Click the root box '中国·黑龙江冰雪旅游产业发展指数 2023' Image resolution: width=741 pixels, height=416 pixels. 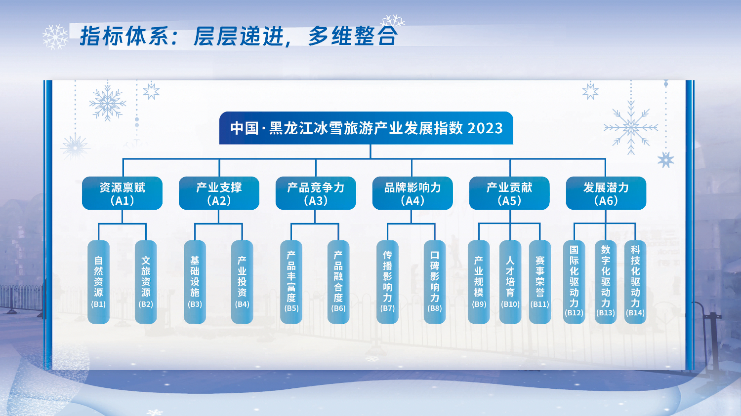(x=366, y=128)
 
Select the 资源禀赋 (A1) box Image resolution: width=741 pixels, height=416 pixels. (x=122, y=193)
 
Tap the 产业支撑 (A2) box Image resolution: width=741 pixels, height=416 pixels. (x=219, y=193)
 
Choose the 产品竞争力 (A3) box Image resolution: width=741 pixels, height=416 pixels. (x=316, y=193)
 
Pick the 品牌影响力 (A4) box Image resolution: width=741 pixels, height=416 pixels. (x=412, y=193)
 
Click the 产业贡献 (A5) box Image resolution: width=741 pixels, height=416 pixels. (x=509, y=193)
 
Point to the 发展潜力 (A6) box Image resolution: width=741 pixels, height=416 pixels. (x=606, y=193)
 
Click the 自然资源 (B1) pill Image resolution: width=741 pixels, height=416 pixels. (x=99, y=282)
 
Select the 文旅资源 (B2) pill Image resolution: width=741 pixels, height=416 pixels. (x=146, y=282)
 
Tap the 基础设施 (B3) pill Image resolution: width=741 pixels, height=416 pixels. (x=195, y=282)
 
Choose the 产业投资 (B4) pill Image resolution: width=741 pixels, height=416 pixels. (x=242, y=282)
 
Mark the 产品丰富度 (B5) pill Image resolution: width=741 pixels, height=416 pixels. (x=291, y=282)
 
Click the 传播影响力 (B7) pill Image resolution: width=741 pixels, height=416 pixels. (x=387, y=282)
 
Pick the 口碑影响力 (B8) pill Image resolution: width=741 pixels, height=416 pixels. (x=435, y=282)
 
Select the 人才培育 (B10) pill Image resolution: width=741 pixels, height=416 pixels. (x=510, y=282)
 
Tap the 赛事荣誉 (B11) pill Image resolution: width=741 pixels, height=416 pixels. (x=540, y=282)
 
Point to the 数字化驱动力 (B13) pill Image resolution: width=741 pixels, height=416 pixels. (x=606, y=282)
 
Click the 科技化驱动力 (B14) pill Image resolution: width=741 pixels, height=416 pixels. (x=635, y=282)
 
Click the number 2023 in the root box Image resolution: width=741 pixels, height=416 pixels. (x=485, y=128)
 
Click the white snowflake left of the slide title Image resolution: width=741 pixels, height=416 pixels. (x=55, y=37)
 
